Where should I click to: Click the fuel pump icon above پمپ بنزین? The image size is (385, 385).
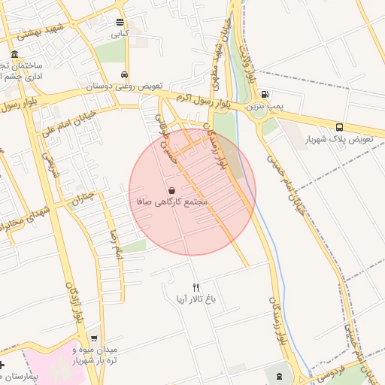265,94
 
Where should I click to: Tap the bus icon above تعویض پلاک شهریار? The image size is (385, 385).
340,127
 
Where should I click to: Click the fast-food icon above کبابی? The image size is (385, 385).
120,22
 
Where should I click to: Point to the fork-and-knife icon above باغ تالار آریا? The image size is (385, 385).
196,286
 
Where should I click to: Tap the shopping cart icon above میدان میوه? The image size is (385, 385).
93,338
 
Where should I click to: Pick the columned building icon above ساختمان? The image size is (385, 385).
16,54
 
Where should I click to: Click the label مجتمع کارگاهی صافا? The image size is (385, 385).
173,202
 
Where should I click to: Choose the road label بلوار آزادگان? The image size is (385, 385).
72,305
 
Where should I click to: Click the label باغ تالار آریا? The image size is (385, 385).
196,299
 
